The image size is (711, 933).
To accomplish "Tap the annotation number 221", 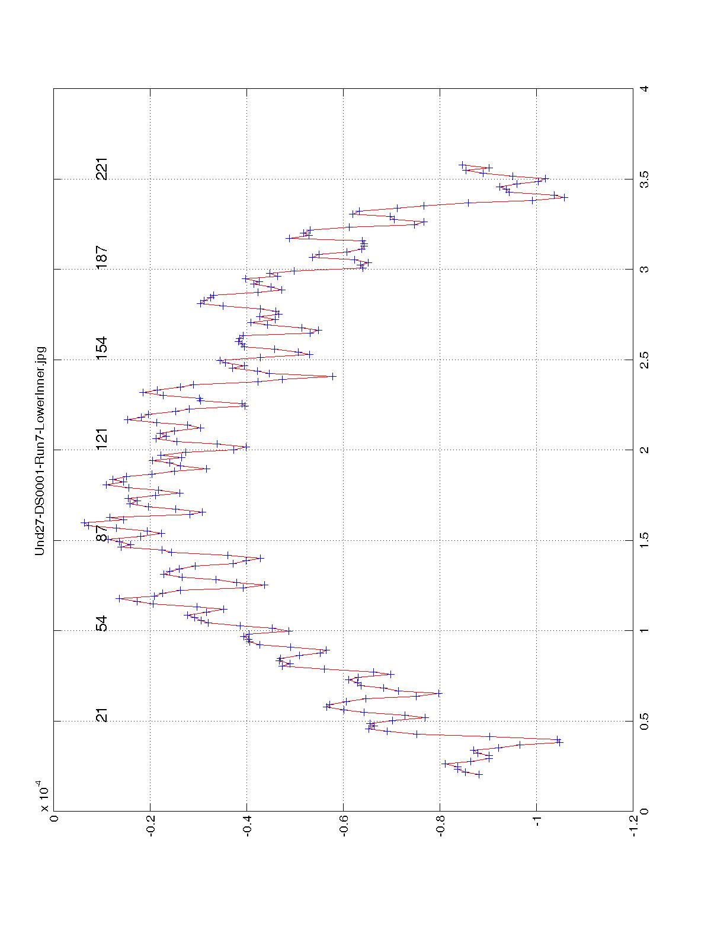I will click(x=102, y=169).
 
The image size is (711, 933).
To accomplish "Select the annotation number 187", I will click(x=102, y=258).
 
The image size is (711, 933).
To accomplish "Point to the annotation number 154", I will click(x=102, y=348).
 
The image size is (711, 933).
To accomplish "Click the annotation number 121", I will click(x=102, y=439).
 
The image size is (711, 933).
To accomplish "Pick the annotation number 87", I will click(x=102, y=534).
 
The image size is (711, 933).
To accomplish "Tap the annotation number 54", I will click(x=102, y=624).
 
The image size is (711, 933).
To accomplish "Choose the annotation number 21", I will click(x=102, y=715).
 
